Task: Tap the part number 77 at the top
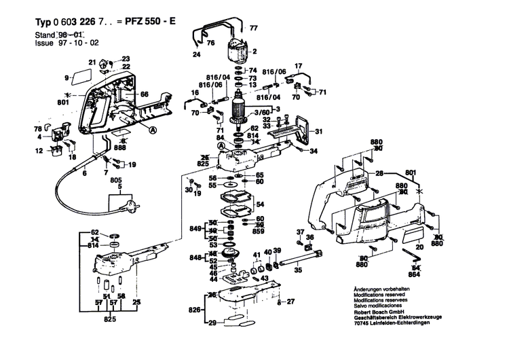click(x=254, y=28)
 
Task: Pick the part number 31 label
click(x=319, y=131)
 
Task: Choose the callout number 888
click(x=120, y=147)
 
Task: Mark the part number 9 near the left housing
click(x=67, y=77)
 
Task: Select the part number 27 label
click(x=290, y=302)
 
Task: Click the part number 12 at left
click(x=39, y=149)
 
